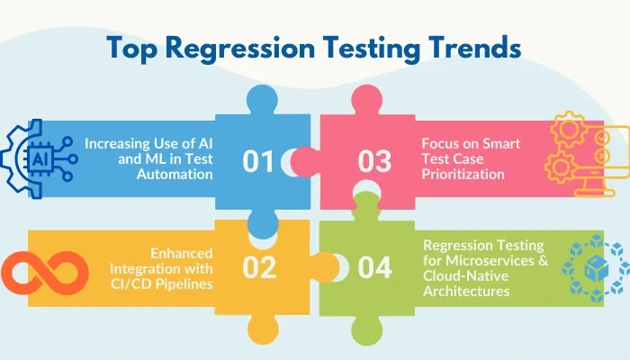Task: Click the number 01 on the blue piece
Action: coord(258,161)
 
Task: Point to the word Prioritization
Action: coord(463,175)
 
